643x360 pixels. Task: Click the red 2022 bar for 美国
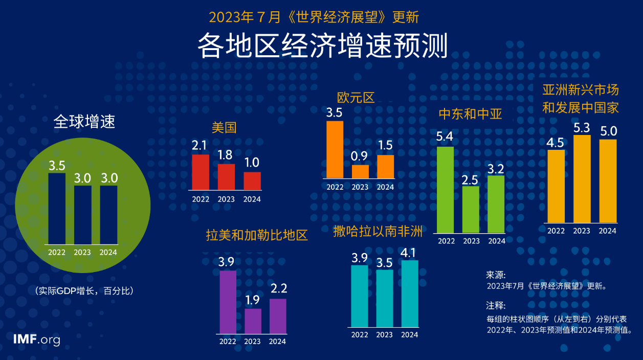coord(201,172)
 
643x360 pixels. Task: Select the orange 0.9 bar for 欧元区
coord(360,171)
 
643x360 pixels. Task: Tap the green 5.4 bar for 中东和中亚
coord(445,190)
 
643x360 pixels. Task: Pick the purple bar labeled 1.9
coord(253,321)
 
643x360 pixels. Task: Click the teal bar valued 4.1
coord(410,294)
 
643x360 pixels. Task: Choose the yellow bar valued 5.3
coord(582,178)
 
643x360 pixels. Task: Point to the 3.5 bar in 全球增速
coord(57,208)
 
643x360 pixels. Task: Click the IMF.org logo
coord(37,340)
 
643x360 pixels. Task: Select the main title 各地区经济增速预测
coord(322,46)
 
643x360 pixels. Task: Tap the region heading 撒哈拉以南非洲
coord(378,231)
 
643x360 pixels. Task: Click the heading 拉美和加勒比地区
coord(257,235)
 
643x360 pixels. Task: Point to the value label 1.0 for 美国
coord(252,163)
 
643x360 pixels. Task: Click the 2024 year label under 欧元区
coord(385,187)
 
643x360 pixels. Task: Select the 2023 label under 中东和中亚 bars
coord(471,241)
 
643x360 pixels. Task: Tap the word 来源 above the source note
coord(495,275)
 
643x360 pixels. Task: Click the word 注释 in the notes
coord(495,306)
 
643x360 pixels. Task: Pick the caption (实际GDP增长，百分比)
coord(84,291)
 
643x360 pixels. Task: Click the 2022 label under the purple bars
coord(228,342)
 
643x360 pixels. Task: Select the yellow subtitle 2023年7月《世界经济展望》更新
coord(314,17)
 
